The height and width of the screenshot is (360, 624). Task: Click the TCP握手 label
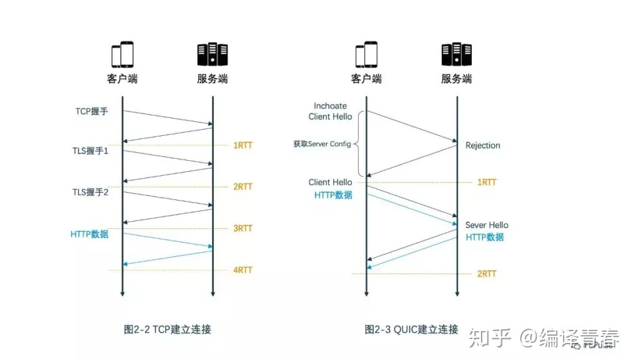click(91, 111)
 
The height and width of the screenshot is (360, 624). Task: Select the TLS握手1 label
click(91, 150)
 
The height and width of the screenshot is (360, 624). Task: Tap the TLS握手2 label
click(91, 192)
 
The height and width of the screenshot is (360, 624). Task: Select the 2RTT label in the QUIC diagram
click(486, 273)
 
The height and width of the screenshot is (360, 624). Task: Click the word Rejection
click(483, 145)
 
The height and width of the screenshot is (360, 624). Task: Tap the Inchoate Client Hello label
click(330, 111)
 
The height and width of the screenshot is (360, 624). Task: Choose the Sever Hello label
click(487, 225)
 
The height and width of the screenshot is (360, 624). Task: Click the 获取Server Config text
click(322, 144)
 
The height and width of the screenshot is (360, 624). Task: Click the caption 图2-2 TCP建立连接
click(168, 329)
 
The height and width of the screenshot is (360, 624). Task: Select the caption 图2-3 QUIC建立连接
click(411, 329)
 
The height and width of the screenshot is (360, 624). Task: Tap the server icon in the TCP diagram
click(213, 54)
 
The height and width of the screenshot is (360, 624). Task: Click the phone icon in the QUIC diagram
click(366, 54)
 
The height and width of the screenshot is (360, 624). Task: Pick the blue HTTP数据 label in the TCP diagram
click(90, 234)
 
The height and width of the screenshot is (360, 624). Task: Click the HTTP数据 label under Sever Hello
click(485, 237)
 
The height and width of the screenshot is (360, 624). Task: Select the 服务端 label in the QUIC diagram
click(456, 79)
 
